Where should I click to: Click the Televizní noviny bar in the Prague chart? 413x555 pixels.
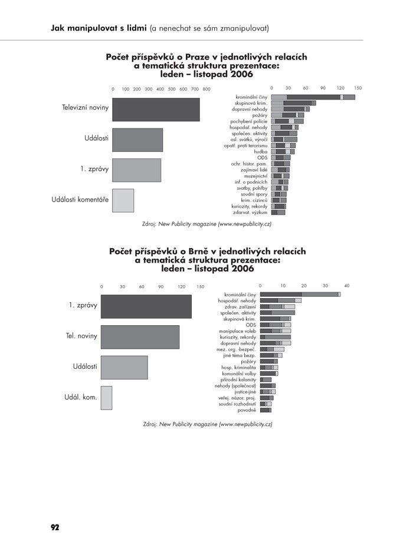(x=156, y=110)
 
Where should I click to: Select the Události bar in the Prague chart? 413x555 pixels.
(x=137, y=140)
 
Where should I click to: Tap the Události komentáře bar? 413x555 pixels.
(x=123, y=200)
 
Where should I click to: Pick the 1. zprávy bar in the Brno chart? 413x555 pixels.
(x=146, y=306)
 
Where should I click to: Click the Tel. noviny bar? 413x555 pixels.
(x=140, y=337)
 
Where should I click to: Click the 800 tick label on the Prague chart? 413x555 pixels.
(x=206, y=89)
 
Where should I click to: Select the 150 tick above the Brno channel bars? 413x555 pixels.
(x=200, y=287)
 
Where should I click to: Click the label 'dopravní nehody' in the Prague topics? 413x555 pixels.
(x=251, y=109)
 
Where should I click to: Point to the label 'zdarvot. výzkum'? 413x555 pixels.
(x=251, y=212)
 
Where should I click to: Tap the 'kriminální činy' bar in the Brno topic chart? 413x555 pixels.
(x=300, y=295)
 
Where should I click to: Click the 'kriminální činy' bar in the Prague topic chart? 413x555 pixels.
(x=313, y=97)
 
